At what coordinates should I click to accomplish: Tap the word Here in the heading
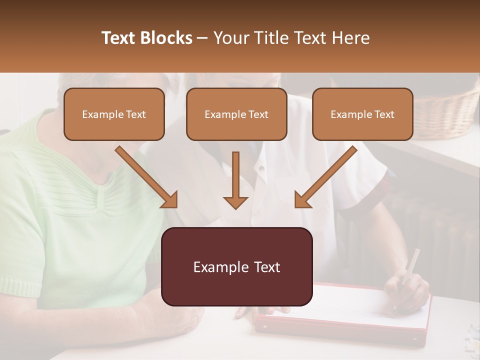tap(349, 38)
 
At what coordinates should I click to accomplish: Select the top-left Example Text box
tap(114, 114)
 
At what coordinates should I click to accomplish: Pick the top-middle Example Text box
tap(236, 114)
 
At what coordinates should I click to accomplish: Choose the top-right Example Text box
tap(362, 114)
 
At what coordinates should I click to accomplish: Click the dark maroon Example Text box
tap(237, 266)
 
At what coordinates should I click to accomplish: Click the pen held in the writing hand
tap(410, 267)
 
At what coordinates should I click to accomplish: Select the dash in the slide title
tap(202, 38)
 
